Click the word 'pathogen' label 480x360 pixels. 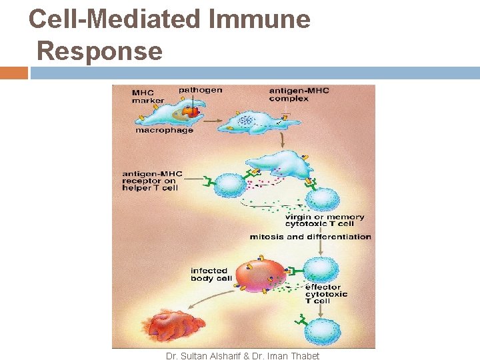200,90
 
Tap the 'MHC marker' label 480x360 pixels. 148,97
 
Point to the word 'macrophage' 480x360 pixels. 164,130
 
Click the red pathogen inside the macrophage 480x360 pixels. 192,112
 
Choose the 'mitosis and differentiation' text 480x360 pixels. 310,237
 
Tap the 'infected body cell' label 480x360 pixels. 211,274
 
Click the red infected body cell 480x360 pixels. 259,275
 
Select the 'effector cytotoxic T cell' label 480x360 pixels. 326,294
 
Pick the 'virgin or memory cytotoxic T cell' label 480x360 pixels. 325,221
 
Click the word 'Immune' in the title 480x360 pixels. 259,19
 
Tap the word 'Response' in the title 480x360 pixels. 99,51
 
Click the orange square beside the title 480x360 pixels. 13,73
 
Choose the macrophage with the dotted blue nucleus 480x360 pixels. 257,122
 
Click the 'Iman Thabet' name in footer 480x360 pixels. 294,356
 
